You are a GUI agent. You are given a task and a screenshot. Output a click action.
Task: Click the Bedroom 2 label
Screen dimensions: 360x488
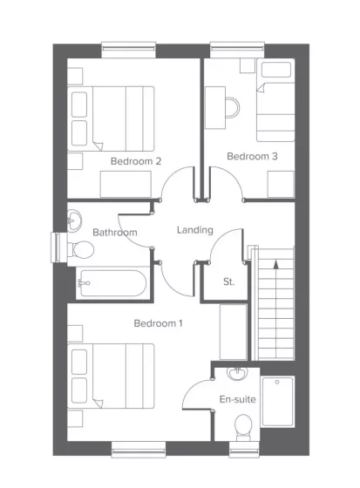(x=136, y=161)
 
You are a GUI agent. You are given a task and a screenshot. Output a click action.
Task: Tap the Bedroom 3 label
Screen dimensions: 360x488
(x=252, y=156)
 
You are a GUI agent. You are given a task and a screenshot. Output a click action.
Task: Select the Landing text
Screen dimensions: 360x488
(x=195, y=230)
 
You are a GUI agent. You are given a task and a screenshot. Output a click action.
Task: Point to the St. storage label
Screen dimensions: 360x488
(x=228, y=282)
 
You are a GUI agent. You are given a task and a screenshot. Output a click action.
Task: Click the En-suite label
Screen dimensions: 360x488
(x=238, y=399)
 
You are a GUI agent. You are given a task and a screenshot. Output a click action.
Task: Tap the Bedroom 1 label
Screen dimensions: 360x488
(x=158, y=323)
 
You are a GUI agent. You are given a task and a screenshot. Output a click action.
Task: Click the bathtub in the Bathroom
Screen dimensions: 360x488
(x=112, y=283)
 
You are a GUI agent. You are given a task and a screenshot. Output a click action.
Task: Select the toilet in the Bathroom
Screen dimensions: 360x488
(x=81, y=249)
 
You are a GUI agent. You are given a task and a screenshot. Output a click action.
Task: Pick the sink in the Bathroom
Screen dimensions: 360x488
(x=74, y=220)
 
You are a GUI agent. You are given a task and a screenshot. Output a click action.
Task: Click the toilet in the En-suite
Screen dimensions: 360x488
(x=243, y=427)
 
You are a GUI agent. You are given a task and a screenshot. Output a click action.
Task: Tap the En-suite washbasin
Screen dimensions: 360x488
(x=237, y=374)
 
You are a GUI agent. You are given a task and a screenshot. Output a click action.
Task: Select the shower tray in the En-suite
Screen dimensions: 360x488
(x=278, y=402)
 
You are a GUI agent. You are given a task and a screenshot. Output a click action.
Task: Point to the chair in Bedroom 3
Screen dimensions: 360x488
(x=233, y=108)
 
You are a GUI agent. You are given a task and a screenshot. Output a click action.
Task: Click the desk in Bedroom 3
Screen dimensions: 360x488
(x=215, y=108)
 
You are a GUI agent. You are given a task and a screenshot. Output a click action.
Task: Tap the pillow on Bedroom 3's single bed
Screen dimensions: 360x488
(x=276, y=70)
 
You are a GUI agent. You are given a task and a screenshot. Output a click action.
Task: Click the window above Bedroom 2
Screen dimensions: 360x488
(x=129, y=50)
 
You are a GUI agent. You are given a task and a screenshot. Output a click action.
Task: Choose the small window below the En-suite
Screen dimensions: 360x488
(x=244, y=450)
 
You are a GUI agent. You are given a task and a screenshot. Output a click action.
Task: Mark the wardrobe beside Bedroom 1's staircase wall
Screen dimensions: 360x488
(x=234, y=332)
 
